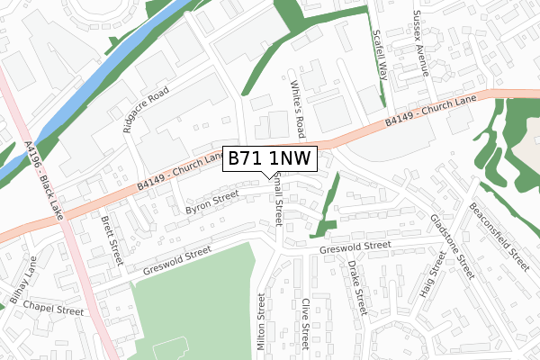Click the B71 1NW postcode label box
269,157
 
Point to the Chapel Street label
55,309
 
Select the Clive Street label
306,323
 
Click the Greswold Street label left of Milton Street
176,261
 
